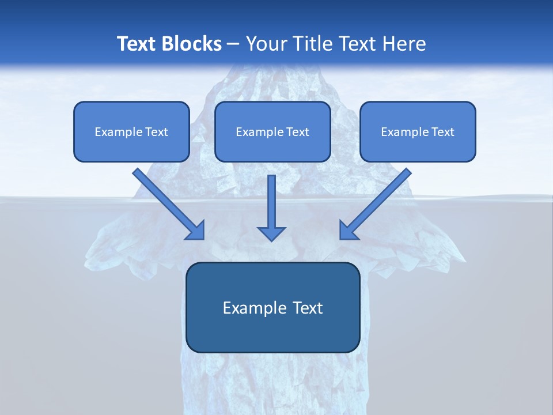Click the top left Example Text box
click(x=131, y=131)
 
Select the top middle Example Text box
click(x=272, y=131)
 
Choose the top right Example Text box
click(x=418, y=131)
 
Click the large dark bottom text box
click(x=272, y=307)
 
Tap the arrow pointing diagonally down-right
click(x=167, y=203)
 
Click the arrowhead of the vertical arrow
click(x=271, y=233)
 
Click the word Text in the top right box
click(x=442, y=132)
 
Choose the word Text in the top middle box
click(x=297, y=132)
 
